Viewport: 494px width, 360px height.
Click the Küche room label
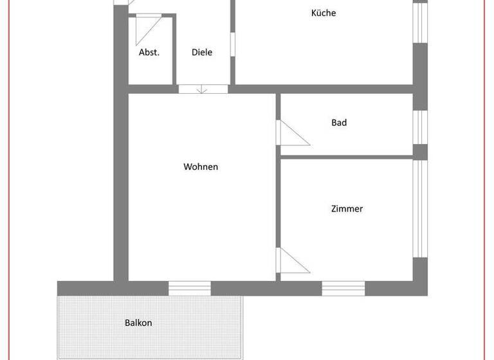coord(323,13)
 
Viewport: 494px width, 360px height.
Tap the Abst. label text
coord(149,53)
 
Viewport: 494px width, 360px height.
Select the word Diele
coord(202,53)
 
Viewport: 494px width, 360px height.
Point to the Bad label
coord(339,123)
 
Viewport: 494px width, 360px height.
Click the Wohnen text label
coord(201,167)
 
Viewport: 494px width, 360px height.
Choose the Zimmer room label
coord(347,209)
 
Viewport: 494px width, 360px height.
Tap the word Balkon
coord(138,323)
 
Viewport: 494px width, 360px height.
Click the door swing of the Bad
coord(290,133)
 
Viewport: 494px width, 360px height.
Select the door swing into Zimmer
coord(291,261)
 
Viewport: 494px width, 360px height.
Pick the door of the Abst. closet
coord(152,27)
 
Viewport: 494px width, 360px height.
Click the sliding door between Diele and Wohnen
coord(203,89)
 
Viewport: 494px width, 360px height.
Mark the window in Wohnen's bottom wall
coord(190,289)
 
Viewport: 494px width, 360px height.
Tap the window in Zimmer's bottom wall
coord(343,289)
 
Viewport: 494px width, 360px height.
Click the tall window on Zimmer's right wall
coord(420,208)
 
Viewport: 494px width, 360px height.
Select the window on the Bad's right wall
coord(420,127)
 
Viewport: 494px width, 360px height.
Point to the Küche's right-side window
coord(420,22)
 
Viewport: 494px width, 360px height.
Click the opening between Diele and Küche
coord(233,44)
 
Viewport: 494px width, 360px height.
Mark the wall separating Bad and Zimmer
coord(346,157)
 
